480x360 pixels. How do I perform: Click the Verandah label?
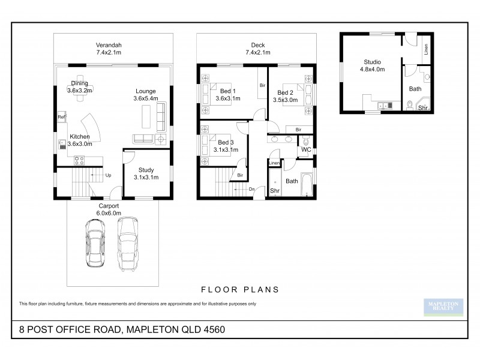(x=109, y=45)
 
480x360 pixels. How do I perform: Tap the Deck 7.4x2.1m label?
(x=257, y=49)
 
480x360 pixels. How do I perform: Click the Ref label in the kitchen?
(x=61, y=118)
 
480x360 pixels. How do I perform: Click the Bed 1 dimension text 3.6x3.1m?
(x=227, y=98)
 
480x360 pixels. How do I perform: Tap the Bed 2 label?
(x=285, y=92)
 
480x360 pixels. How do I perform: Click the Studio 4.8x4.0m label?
(x=372, y=65)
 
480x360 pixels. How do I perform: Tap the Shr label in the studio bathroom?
(x=422, y=108)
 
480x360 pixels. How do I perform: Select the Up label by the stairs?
(x=108, y=175)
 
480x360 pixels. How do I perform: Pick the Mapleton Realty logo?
(x=443, y=307)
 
